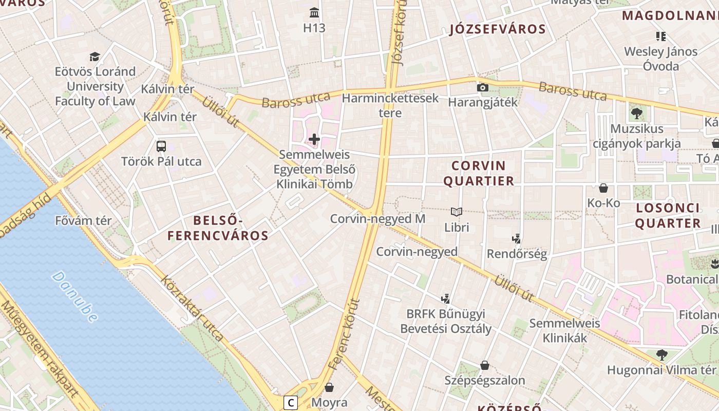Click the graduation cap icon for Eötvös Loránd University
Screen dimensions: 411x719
pos(94,57)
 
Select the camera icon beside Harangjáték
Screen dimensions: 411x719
pos(482,87)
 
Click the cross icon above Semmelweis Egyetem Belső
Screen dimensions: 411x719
pos(314,139)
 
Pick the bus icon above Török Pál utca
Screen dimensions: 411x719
pos(161,146)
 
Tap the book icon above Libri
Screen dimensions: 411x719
pos(457,212)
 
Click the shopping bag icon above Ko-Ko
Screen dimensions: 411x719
pos(603,188)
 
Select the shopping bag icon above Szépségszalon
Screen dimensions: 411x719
pos(484,365)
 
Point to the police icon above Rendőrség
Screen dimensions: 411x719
pos(517,238)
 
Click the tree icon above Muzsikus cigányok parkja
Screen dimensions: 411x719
pos(637,114)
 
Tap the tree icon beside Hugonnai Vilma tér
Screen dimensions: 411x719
pos(662,354)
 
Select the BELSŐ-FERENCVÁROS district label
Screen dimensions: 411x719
pos(218,228)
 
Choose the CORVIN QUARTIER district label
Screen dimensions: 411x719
pos(479,173)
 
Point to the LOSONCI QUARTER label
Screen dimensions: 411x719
pos(668,215)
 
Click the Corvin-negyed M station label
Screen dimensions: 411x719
pos(377,219)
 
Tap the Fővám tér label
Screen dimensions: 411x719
pos(83,221)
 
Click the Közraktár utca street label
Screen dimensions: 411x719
pos(192,308)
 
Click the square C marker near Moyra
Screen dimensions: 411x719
pos(291,402)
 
